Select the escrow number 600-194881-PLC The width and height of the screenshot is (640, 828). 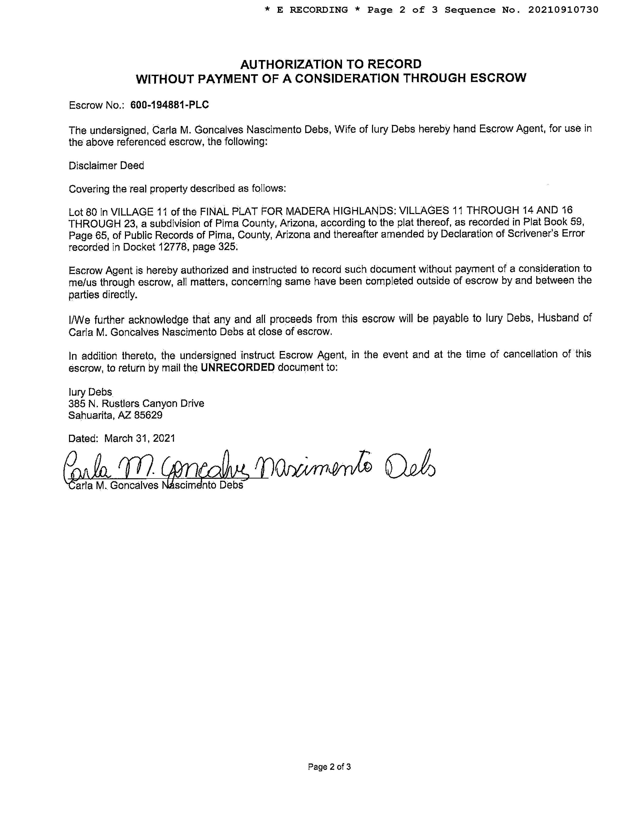click(x=169, y=105)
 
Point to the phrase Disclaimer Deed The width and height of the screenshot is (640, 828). click(x=106, y=166)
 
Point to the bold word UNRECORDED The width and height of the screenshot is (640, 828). click(x=237, y=367)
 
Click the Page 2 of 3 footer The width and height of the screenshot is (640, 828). click(x=329, y=767)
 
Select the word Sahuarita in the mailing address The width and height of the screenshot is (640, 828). click(x=91, y=415)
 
